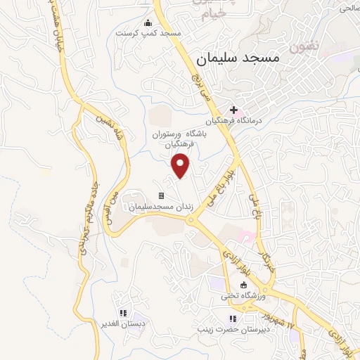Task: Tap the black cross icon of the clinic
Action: (x=233, y=110)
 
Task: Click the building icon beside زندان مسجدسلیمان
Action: (x=161, y=195)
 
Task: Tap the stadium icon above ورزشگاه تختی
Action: (x=243, y=285)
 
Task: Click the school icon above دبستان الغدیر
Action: (x=123, y=313)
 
